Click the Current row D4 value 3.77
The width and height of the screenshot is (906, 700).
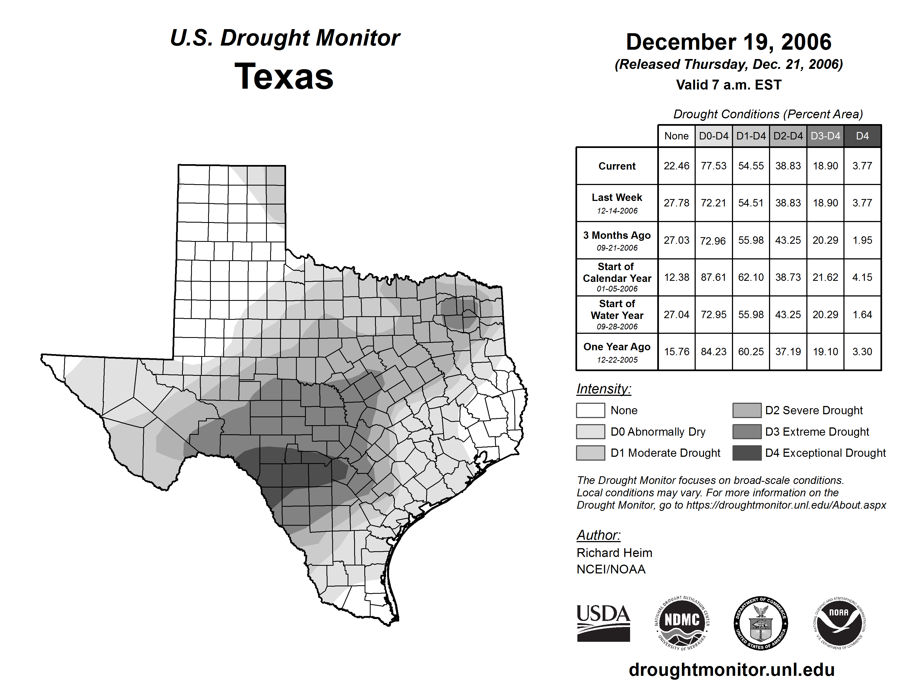[862, 166]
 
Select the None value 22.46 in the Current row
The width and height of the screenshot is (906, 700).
[676, 166]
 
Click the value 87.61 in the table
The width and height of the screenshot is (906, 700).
[714, 277]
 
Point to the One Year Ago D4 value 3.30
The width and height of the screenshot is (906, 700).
[862, 352]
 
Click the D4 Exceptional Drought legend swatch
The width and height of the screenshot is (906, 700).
[747, 453]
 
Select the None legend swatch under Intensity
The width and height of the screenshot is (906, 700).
[590, 410]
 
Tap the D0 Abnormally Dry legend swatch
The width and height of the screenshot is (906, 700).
[590, 431]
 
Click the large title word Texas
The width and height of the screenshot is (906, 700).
[284, 76]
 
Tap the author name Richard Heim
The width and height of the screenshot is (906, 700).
[614, 553]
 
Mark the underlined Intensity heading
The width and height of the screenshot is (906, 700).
[603, 389]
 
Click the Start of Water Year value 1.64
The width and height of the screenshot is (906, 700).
[862, 315]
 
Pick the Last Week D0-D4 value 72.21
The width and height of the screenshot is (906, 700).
[714, 203]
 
